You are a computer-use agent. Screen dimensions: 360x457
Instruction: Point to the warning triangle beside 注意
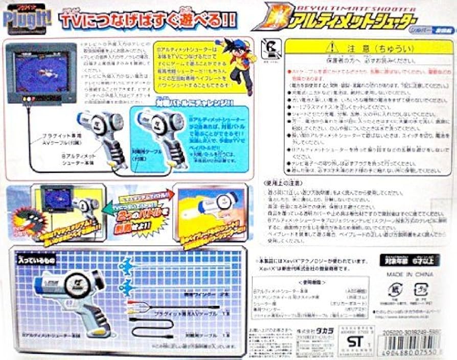pyautogui.click(x=333, y=47)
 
